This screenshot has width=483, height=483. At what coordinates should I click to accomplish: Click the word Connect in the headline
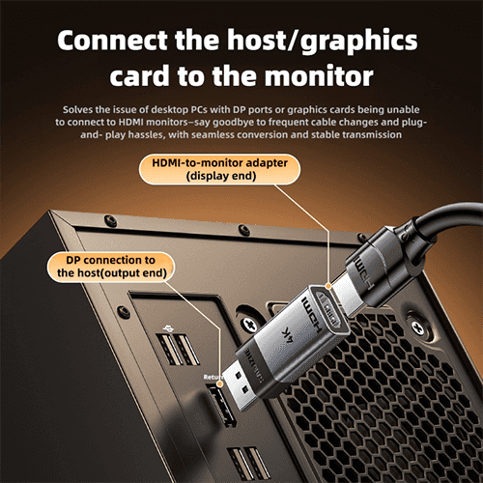point(112,40)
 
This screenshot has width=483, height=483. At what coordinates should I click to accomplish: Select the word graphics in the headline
point(359,42)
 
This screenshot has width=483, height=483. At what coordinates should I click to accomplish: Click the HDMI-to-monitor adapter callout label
point(220,169)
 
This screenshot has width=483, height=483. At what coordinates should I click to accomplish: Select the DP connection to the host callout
point(111,267)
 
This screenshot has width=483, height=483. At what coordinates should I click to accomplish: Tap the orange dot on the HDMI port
point(328,286)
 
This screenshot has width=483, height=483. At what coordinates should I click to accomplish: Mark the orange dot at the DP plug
point(220,384)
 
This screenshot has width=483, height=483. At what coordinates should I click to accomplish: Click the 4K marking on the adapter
point(288,335)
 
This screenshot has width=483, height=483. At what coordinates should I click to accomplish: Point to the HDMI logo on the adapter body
point(312,316)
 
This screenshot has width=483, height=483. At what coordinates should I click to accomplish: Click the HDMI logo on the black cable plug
point(364,272)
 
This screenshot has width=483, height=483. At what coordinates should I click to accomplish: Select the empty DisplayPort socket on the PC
point(222,407)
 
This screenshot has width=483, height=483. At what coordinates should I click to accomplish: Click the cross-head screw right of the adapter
point(417,327)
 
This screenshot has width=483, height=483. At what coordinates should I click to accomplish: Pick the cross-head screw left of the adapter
point(250,324)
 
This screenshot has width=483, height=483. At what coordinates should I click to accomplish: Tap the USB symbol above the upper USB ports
point(168,328)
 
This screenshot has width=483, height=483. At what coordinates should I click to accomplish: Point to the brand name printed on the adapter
point(254,366)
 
